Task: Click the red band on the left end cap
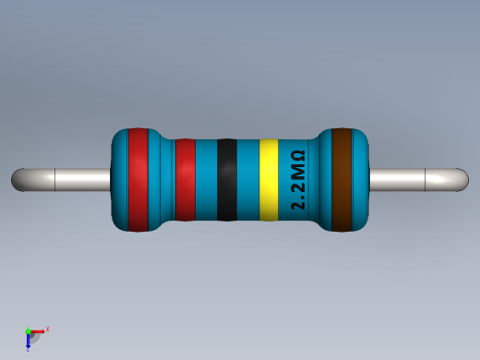point(138,179)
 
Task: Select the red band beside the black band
point(185,180)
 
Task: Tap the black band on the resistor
point(227,180)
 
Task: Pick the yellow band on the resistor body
point(269,180)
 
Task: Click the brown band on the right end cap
point(343,179)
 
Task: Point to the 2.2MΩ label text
point(298,180)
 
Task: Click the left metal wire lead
point(65,179)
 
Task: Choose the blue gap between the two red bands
point(162,180)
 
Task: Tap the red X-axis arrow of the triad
point(38,330)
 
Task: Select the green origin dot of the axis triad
point(29,330)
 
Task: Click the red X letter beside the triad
point(47,329)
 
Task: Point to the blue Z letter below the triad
point(28,349)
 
